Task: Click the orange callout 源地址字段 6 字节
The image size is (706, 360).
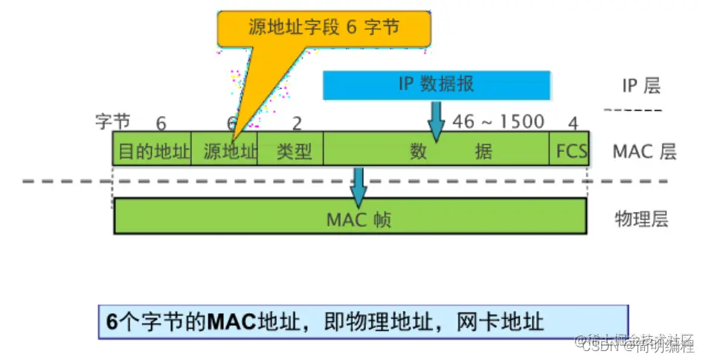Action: [324, 29]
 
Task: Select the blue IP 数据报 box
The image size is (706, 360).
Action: [437, 85]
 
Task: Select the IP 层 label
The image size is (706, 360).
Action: [641, 86]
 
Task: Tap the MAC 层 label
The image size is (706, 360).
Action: [644, 152]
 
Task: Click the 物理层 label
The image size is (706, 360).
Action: [641, 219]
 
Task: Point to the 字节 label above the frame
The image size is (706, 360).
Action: [112, 121]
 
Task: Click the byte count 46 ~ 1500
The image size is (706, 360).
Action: [498, 121]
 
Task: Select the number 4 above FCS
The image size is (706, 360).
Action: [573, 123]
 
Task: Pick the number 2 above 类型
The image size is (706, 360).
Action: [298, 123]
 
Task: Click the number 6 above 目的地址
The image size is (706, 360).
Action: [161, 123]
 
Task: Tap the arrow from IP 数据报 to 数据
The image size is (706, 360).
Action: [436, 121]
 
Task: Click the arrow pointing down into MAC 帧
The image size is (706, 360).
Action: [359, 187]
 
